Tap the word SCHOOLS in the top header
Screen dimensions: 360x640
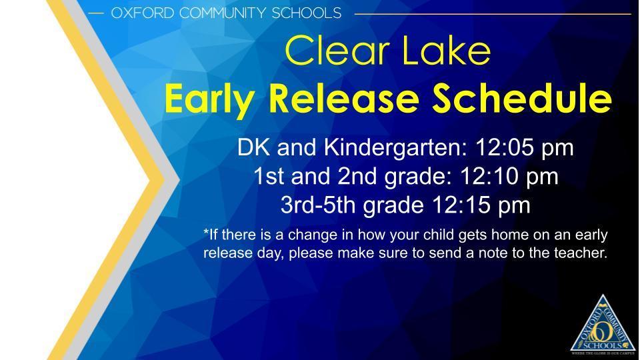pyautogui.click(x=310, y=13)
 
